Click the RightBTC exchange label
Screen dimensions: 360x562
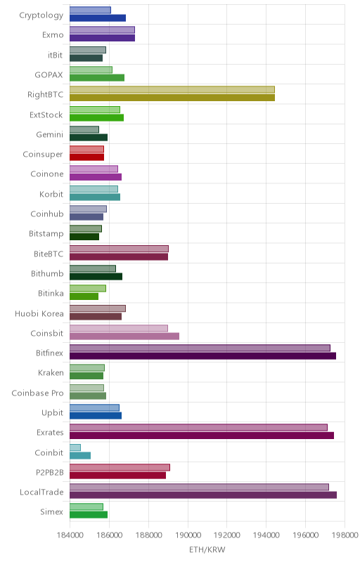(x=45, y=95)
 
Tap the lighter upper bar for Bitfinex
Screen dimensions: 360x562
(x=200, y=348)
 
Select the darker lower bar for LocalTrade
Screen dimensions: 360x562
(x=203, y=495)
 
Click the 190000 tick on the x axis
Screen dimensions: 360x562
(x=188, y=535)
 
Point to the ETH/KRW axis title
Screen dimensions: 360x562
(x=207, y=549)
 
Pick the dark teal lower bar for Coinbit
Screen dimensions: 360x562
(x=80, y=455)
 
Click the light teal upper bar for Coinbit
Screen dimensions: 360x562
(x=75, y=447)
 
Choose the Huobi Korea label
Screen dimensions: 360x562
(x=39, y=313)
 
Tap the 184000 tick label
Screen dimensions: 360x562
(x=70, y=535)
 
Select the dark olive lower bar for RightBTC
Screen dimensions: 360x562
(x=172, y=98)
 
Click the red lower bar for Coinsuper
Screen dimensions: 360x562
(x=86, y=157)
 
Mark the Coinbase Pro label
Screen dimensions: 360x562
(x=38, y=393)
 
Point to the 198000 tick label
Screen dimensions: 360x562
(x=345, y=535)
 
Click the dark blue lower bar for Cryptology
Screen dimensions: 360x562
(x=98, y=18)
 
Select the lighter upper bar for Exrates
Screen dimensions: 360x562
(x=198, y=428)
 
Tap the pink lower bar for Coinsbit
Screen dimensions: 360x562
(x=124, y=336)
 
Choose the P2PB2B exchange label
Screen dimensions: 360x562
(x=49, y=473)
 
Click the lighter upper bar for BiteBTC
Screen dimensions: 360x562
(x=119, y=249)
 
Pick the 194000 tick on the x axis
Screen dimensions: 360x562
(x=266, y=535)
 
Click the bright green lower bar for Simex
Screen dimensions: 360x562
(x=89, y=515)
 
